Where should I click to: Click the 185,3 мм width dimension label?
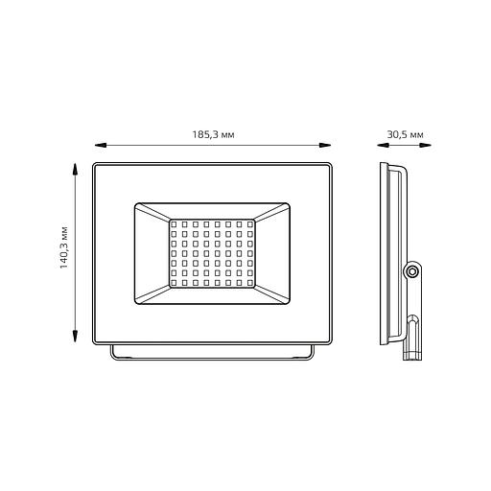(x=213, y=134)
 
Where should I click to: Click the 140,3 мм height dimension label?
(x=64, y=247)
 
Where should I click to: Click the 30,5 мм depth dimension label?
(x=405, y=134)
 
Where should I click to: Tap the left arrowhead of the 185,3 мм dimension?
(x=101, y=145)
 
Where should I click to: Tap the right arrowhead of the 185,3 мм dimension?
(x=325, y=145)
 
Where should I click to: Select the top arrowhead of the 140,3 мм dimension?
(x=75, y=169)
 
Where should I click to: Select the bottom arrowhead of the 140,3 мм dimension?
(x=75, y=337)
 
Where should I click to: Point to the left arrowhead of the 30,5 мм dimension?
(x=383, y=145)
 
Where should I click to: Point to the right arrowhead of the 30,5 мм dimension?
(x=426, y=145)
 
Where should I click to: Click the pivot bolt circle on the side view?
(x=411, y=271)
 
